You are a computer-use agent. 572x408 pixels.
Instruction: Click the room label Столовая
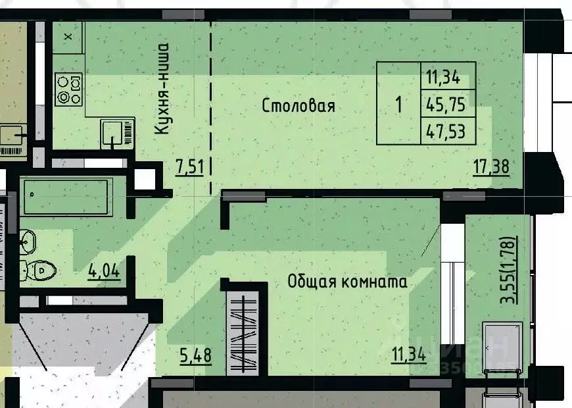coord(298,106)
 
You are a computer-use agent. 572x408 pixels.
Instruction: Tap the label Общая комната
coord(347,282)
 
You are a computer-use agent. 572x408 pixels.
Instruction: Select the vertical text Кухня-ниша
coord(162,89)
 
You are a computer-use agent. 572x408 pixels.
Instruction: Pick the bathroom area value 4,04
coord(105,270)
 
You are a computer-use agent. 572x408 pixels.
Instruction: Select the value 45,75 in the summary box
coord(447,104)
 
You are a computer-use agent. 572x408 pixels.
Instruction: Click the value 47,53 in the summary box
coord(447,131)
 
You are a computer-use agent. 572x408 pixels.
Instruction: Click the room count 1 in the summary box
coord(398,104)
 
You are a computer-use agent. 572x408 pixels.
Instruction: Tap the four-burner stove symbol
coord(68,90)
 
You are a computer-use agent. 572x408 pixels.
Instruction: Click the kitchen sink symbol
coord(117,134)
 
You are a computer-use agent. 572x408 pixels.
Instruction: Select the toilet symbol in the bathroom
coord(39,270)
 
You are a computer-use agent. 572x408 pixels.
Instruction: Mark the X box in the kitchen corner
coord(68,37)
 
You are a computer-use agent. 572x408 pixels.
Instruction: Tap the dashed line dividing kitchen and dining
coord(211,105)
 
